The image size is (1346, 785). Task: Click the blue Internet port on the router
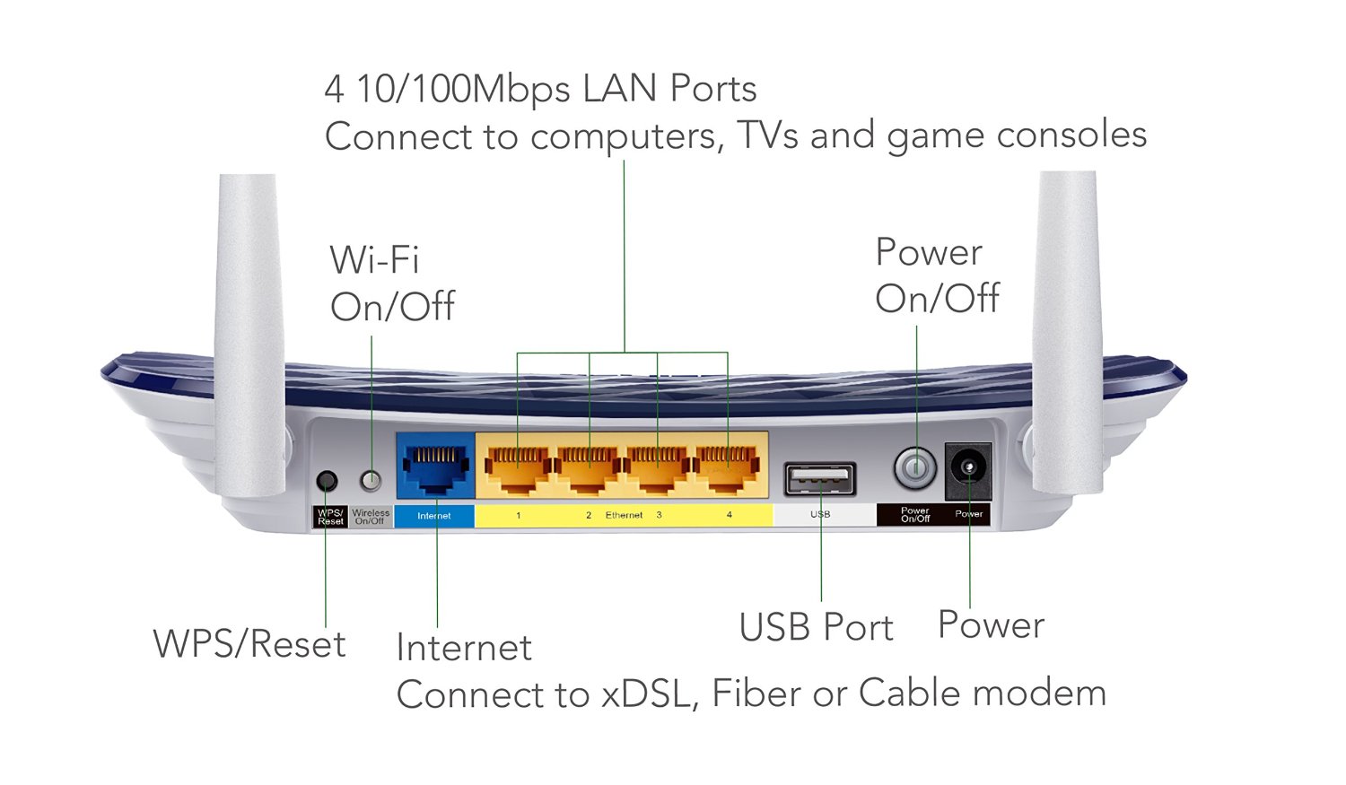pos(436,467)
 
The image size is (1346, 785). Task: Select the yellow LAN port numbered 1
pos(518,469)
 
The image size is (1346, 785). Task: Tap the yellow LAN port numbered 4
pos(728,469)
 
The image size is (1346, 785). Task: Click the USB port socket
pos(820,480)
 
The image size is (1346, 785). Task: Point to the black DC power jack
pos(968,469)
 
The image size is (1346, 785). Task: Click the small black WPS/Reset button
pos(328,481)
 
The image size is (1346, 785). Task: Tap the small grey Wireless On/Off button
pos(370,481)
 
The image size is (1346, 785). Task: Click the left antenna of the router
pos(249,332)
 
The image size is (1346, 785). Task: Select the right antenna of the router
pos(1068,332)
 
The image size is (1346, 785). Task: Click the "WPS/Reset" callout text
pos(249,644)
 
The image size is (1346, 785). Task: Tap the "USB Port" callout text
pos(816,628)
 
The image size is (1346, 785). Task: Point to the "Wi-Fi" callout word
pos(374,260)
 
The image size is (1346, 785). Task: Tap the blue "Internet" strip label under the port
pos(434,516)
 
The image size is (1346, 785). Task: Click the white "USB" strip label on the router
pos(820,515)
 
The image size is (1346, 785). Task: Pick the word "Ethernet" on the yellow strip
pos(624,515)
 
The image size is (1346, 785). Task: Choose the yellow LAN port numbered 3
pos(658,469)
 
